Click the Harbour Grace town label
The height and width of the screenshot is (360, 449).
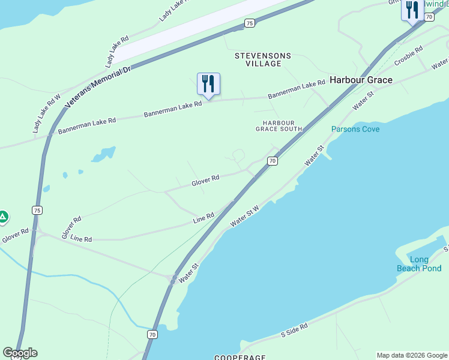(361, 80)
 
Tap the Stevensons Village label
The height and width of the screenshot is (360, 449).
(262, 59)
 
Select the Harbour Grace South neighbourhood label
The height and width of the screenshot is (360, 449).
(279, 125)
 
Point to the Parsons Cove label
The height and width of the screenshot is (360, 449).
(355, 129)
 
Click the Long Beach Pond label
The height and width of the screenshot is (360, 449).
(419, 264)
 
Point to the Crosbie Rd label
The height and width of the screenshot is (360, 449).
(409, 55)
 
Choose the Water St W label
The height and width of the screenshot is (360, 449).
(245, 217)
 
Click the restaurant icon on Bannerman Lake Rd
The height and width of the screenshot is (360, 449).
(208, 83)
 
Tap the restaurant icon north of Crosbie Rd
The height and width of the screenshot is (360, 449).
(412, 10)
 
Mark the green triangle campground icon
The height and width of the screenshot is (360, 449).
(3, 217)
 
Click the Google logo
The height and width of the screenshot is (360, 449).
(20, 353)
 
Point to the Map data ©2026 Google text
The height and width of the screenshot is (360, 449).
(412, 355)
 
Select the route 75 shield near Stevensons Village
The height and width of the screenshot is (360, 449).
(249, 23)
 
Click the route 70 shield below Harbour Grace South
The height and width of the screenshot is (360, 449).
(273, 161)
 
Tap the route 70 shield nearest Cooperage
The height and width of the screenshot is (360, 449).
(152, 334)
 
